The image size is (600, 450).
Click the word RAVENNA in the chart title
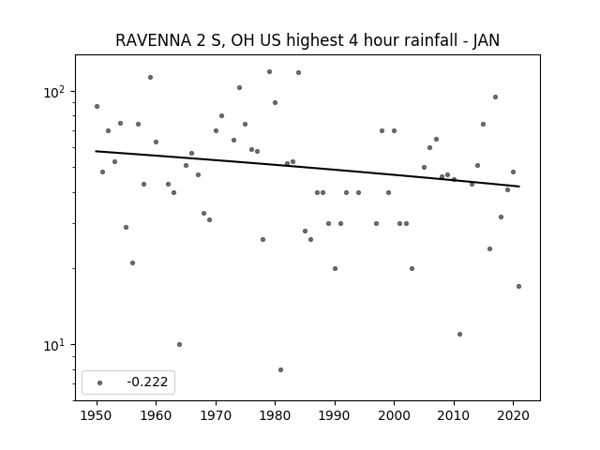(x=153, y=40)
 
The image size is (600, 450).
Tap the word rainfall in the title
(x=411, y=40)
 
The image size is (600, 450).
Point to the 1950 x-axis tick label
(x=97, y=415)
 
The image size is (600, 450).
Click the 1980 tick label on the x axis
(x=275, y=415)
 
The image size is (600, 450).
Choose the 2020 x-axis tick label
(x=513, y=415)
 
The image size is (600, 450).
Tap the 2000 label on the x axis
(x=394, y=415)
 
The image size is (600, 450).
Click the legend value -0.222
(x=147, y=382)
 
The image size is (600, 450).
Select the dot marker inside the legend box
(x=100, y=382)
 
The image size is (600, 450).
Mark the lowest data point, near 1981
(x=281, y=369)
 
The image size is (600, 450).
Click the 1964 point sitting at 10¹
(x=179, y=344)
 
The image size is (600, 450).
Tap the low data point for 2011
(x=460, y=334)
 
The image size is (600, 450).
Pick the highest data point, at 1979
(x=269, y=71)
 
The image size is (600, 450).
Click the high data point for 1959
(x=150, y=77)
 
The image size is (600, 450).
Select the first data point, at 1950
(x=97, y=106)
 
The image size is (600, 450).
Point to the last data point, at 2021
(x=518, y=286)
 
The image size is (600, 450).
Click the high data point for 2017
(x=496, y=97)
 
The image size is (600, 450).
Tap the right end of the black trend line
(x=519, y=187)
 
